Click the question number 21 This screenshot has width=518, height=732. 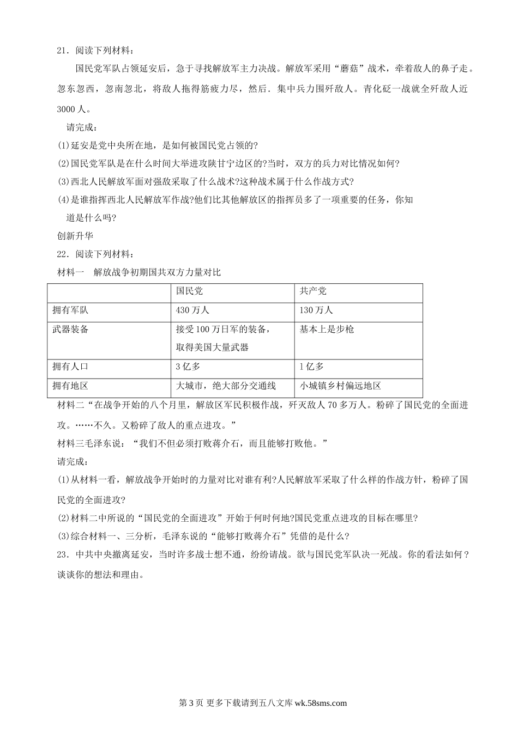pyautogui.click(x=62, y=51)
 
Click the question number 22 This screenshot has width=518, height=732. pyautogui.click(x=62, y=254)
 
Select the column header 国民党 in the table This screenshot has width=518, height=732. pyautogui.click(x=189, y=291)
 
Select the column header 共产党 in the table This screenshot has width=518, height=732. pyautogui.click(x=313, y=291)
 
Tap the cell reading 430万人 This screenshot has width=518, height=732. pyautogui.click(x=192, y=310)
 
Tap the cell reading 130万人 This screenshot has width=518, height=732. pyautogui.click(x=316, y=310)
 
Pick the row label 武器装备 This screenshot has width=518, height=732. pyautogui.click(x=70, y=329)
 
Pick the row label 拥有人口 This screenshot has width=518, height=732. pyautogui.click(x=70, y=367)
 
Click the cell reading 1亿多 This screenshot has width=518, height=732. pyautogui.click(x=311, y=367)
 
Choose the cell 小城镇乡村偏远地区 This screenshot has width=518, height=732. pyautogui.click(x=340, y=386)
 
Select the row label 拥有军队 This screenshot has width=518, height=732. pyautogui.click(x=70, y=310)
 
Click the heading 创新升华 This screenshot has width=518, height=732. pyautogui.click(x=75, y=235)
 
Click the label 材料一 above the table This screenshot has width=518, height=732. pyautogui.click(x=70, y=272)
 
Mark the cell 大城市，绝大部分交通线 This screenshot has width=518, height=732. pyautogui.click(x=226, y=386)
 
